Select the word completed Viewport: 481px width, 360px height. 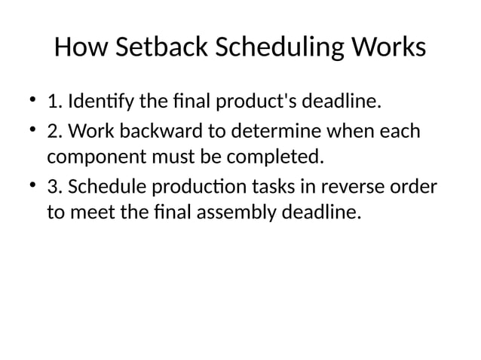(x=278, y=158)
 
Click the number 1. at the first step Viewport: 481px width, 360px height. (x=54, y=101)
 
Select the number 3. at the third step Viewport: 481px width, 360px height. (x=54, y=187)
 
